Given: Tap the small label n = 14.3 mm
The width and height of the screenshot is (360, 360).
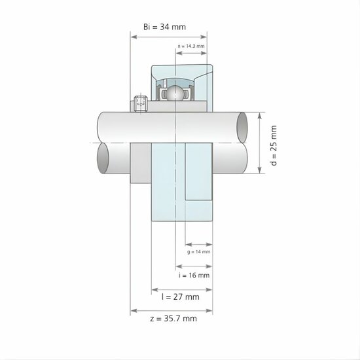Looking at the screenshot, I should tap(191, 46).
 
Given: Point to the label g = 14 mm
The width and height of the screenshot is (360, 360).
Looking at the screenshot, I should tap(198, 251).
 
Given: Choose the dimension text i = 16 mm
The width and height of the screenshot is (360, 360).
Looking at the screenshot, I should tap(194, 276).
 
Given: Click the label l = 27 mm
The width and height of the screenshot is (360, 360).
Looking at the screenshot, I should tap(180, 297).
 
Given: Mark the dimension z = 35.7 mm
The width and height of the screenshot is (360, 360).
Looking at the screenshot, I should tap(173, 319).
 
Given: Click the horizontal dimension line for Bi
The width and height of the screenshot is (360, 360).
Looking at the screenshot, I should tap(168, 37).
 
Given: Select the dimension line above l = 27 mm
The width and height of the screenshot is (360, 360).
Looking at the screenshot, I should tap(181, 288).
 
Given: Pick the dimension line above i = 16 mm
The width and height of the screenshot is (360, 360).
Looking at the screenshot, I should tap(194, 266).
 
